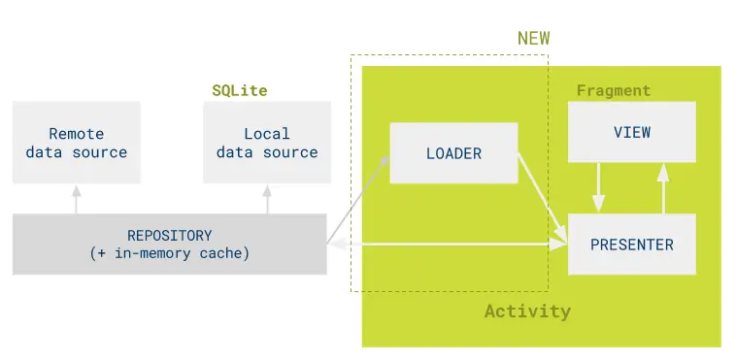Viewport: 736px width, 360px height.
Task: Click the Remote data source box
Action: tap(76, 143)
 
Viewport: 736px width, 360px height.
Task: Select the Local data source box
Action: tap(267, 143)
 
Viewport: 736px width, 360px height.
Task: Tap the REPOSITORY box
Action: tap(169, 245)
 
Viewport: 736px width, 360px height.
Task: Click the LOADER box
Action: tap(453, 153)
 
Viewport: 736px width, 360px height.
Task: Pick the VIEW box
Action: tap(631, 132)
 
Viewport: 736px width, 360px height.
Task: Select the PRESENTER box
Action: tap(631, 245)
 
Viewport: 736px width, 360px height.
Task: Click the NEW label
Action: tap(533, 38)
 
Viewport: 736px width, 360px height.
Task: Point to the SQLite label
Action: tap(240, 90)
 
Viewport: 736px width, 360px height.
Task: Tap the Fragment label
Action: tap(613, 90)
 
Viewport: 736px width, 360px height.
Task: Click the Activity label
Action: tap(527, 311)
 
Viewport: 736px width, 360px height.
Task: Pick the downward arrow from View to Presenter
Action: tap(598, 188)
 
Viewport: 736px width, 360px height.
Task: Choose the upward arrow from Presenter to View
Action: tap(663, 188)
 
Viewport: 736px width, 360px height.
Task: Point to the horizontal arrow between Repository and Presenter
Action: tap(447, 245)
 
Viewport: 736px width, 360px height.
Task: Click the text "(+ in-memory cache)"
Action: tap(169, 254)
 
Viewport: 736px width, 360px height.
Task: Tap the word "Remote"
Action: tap(76, 134)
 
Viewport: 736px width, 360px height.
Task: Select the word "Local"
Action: tap(267, 134)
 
